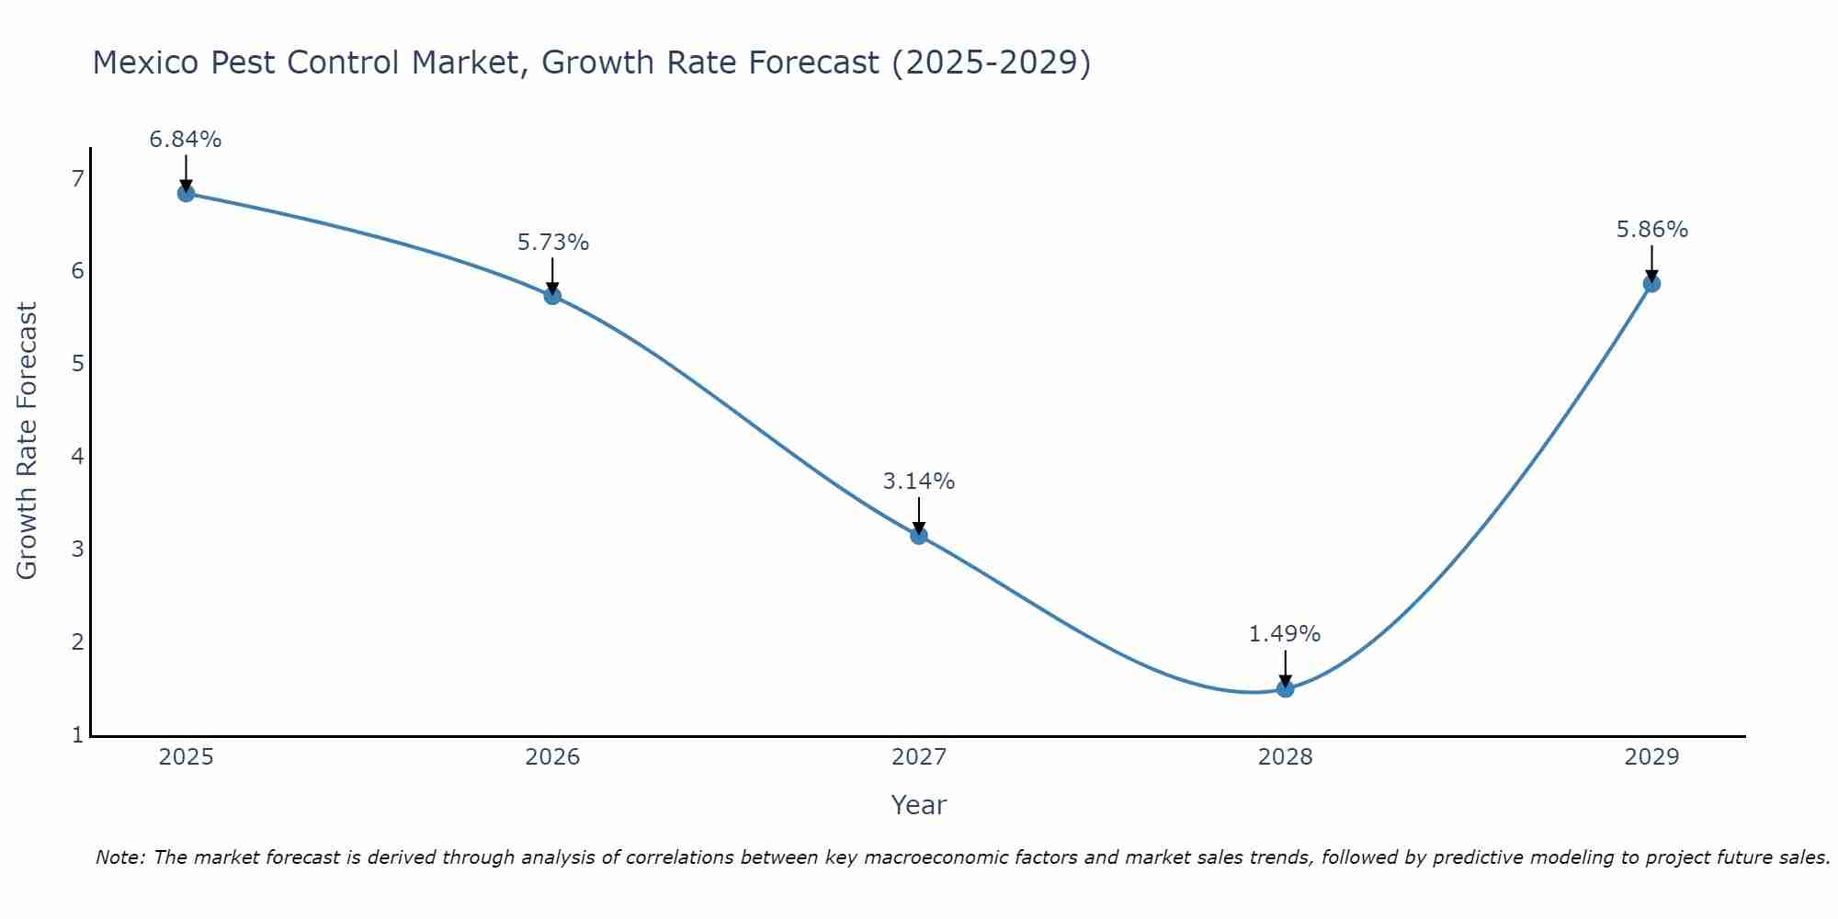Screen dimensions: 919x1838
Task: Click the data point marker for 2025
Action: coord(186,193)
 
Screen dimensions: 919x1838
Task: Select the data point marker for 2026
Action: coord(552,296)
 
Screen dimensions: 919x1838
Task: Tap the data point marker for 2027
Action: coord(919,536)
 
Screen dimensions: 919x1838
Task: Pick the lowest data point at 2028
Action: coord(1285,688)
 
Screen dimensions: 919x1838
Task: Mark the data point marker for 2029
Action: coord(1651,284)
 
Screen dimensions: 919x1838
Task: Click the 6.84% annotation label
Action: coord(186,140)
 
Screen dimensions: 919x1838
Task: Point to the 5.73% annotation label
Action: coord(552,243)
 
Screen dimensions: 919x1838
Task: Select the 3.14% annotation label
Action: coord(919,482)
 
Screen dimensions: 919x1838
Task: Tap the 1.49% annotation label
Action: coord(1285,634)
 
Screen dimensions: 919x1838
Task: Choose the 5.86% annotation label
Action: coord(1651,230)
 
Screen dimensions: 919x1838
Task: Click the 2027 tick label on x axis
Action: coord(919,757)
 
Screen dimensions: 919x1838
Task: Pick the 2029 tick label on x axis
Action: coord(1651,757)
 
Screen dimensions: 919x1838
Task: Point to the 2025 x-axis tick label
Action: coord(186,757)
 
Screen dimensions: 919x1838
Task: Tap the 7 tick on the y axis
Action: coord(77,178)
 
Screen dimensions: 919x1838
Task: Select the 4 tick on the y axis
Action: coord(77,457)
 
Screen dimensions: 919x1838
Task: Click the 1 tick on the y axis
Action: coord(77,734)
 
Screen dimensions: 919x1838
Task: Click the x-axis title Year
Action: coord(918,805)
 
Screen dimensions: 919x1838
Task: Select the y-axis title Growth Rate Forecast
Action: coord(28,441)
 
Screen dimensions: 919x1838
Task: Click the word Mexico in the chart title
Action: coord(145,62)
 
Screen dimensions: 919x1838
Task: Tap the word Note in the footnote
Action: coord(118,857)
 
